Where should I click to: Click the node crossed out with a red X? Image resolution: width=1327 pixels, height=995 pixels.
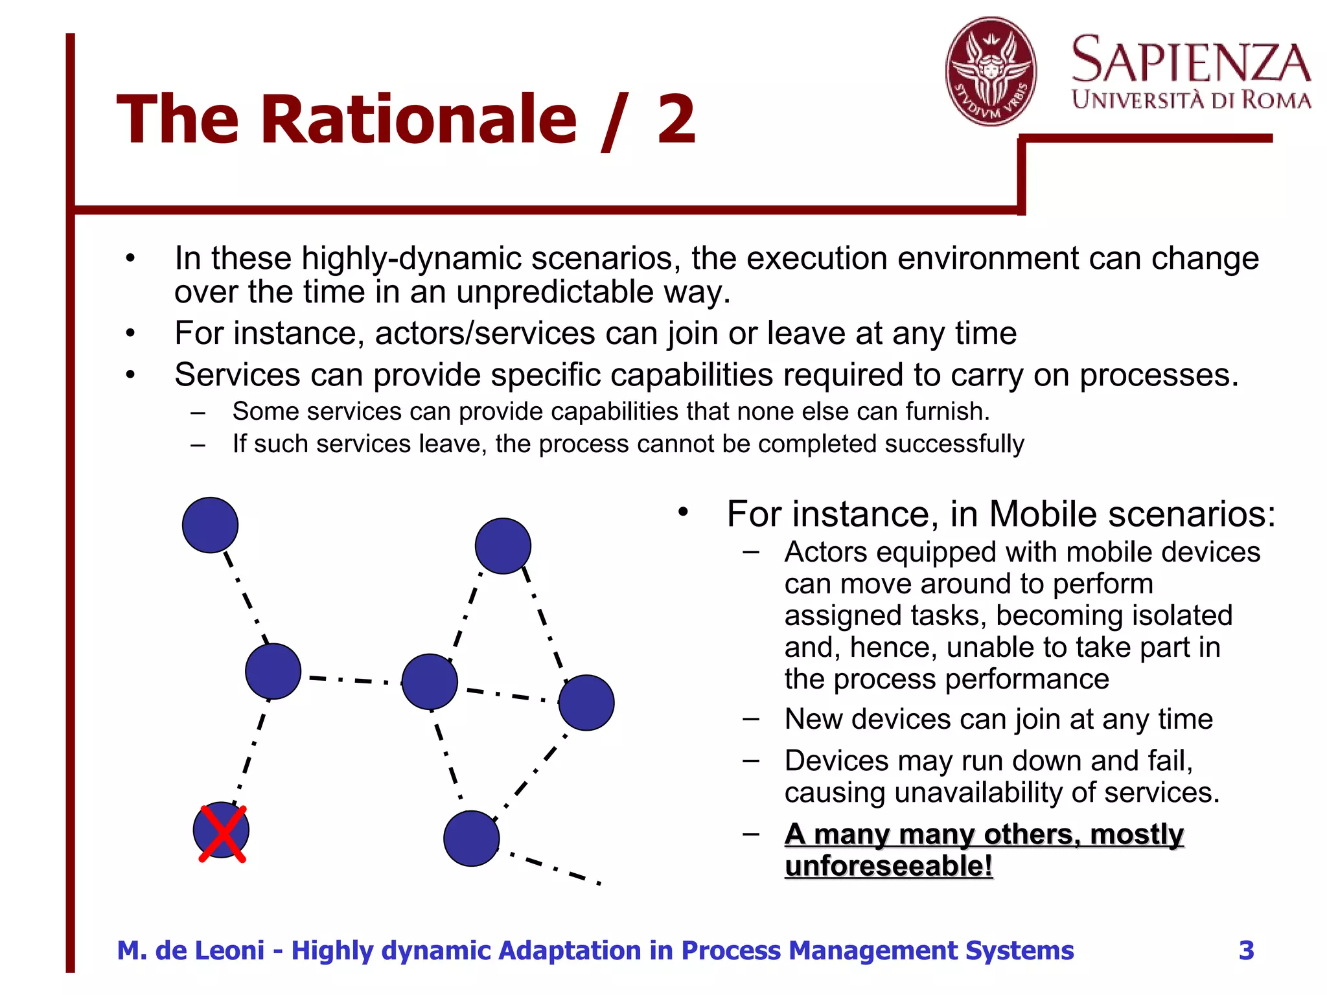(x=221, y=830)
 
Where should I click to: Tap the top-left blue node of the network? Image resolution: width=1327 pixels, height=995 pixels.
(x=210, y=525)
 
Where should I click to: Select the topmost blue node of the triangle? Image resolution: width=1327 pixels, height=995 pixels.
(x=503, y=546)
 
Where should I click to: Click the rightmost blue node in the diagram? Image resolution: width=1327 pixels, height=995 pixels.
(x=586, y=703)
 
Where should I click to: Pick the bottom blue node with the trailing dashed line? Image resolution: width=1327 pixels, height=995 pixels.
(x=472, y=839)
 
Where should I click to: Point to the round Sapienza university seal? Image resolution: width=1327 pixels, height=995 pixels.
(x=990, y=71)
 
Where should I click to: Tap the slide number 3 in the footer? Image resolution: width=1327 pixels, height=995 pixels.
(x=1246, y=950)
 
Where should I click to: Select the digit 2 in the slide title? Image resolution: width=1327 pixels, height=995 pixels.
(x=676, y=120)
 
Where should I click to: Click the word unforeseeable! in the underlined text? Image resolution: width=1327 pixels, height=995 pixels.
(x=888, y=866)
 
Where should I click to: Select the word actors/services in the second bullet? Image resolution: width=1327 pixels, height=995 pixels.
(x=485, y=334)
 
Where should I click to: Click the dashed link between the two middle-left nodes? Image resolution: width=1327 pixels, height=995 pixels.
(x=350, y=680)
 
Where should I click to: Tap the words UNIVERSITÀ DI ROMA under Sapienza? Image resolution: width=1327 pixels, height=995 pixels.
(x=1191, y=100)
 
